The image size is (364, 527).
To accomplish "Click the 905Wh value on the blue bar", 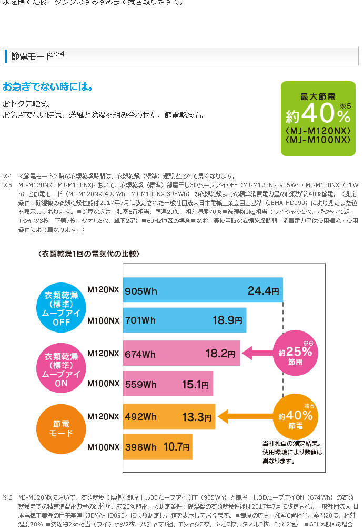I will [x=139, y=290].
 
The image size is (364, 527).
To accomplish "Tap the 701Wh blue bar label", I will [x=140, y=320].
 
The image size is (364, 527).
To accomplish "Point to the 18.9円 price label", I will [x=228, y=320].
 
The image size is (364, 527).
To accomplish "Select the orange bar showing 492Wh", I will [x=168, y=417].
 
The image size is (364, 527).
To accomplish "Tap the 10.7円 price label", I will [x=176, y=447].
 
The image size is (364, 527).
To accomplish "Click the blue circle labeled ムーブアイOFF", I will [x=62, y=308].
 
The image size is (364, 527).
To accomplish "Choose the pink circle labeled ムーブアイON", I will [x=62, y=369].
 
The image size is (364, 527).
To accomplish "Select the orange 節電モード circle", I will [x=62, y=428].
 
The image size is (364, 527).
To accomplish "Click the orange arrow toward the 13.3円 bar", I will [x=245, y=417].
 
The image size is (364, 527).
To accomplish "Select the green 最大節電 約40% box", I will [x=318, y=118].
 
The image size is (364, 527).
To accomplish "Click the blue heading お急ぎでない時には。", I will [x=48, y=86].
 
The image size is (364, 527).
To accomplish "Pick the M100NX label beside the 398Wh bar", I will [x=103, y=447].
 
